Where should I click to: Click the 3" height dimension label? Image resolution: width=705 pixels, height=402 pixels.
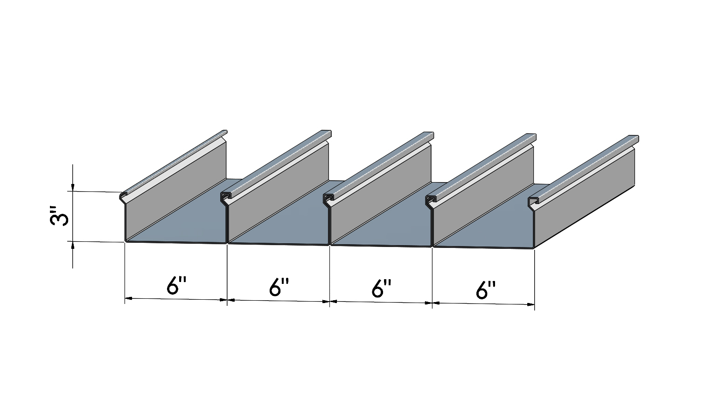59,216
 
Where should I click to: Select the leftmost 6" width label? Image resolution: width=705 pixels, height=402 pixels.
176,286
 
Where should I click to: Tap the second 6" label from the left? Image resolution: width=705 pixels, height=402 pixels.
279,287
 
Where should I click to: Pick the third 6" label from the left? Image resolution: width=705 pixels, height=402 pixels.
382,288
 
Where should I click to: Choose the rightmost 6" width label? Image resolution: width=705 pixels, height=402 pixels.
486,290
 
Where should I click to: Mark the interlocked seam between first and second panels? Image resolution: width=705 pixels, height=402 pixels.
226,198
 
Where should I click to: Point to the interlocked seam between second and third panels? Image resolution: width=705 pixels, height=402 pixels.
328,199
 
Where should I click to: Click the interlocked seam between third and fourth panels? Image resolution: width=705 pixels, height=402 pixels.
431,201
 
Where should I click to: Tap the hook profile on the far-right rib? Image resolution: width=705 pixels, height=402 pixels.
533,203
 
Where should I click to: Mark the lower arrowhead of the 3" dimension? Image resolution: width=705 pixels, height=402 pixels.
73,246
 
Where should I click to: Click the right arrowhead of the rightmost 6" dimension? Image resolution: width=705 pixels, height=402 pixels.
530,304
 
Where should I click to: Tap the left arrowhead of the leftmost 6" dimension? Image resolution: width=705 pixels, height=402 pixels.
129,298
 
